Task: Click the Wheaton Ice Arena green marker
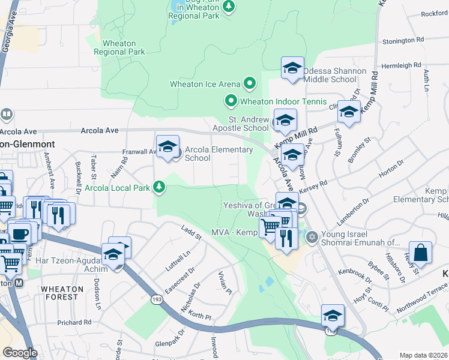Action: [250, 84]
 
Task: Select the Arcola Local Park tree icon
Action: [159, 188]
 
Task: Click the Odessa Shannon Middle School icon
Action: [292, 69]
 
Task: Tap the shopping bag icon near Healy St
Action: [421, 253]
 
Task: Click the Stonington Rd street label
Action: [403, 40]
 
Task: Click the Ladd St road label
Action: [191, 232]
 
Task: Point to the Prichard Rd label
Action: [74, 322]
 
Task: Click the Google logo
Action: [20, 353]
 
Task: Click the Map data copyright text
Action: [423, 355]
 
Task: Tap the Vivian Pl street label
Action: [226, 281]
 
